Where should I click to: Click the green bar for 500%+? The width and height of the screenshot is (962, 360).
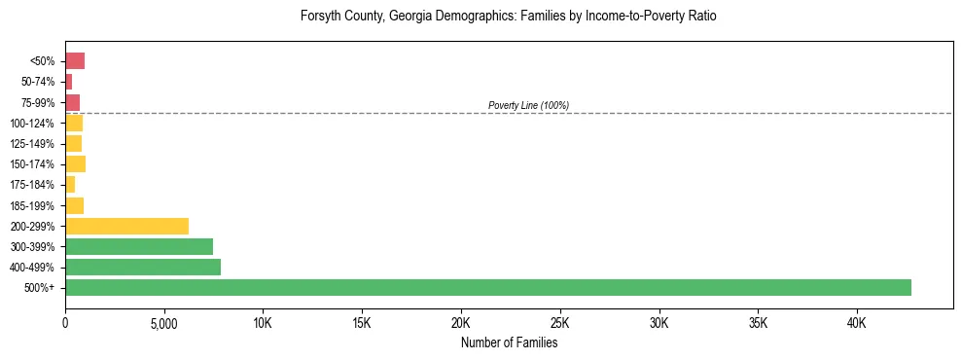(x=488, y=288)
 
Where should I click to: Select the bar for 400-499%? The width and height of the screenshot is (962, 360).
(x=143, y=268)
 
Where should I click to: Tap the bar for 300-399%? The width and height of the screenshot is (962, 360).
(x=139, y=247)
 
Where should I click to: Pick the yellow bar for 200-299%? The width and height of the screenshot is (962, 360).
(x=126, y=227)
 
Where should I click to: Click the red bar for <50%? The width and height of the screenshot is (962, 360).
(x=75, y=61)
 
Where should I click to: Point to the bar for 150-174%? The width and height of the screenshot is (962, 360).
(x=75, y=164)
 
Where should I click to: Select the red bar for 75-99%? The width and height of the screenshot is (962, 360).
(x=72, y=103)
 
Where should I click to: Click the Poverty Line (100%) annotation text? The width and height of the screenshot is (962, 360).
(x=528, y=105)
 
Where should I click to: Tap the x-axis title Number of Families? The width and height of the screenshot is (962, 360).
(x=509, y=342)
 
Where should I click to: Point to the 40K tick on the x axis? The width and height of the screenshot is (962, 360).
(x=857, y=323)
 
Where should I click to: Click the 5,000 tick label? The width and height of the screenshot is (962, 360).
(x=164, y=323)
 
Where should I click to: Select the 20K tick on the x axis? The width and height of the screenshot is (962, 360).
(x=461, y=323)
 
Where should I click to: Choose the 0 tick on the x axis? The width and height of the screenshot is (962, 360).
(x=65, y=323)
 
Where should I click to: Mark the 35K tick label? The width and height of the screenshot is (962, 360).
(x=758, y=323)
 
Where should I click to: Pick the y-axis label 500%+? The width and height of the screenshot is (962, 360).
(x=41, y=288)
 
